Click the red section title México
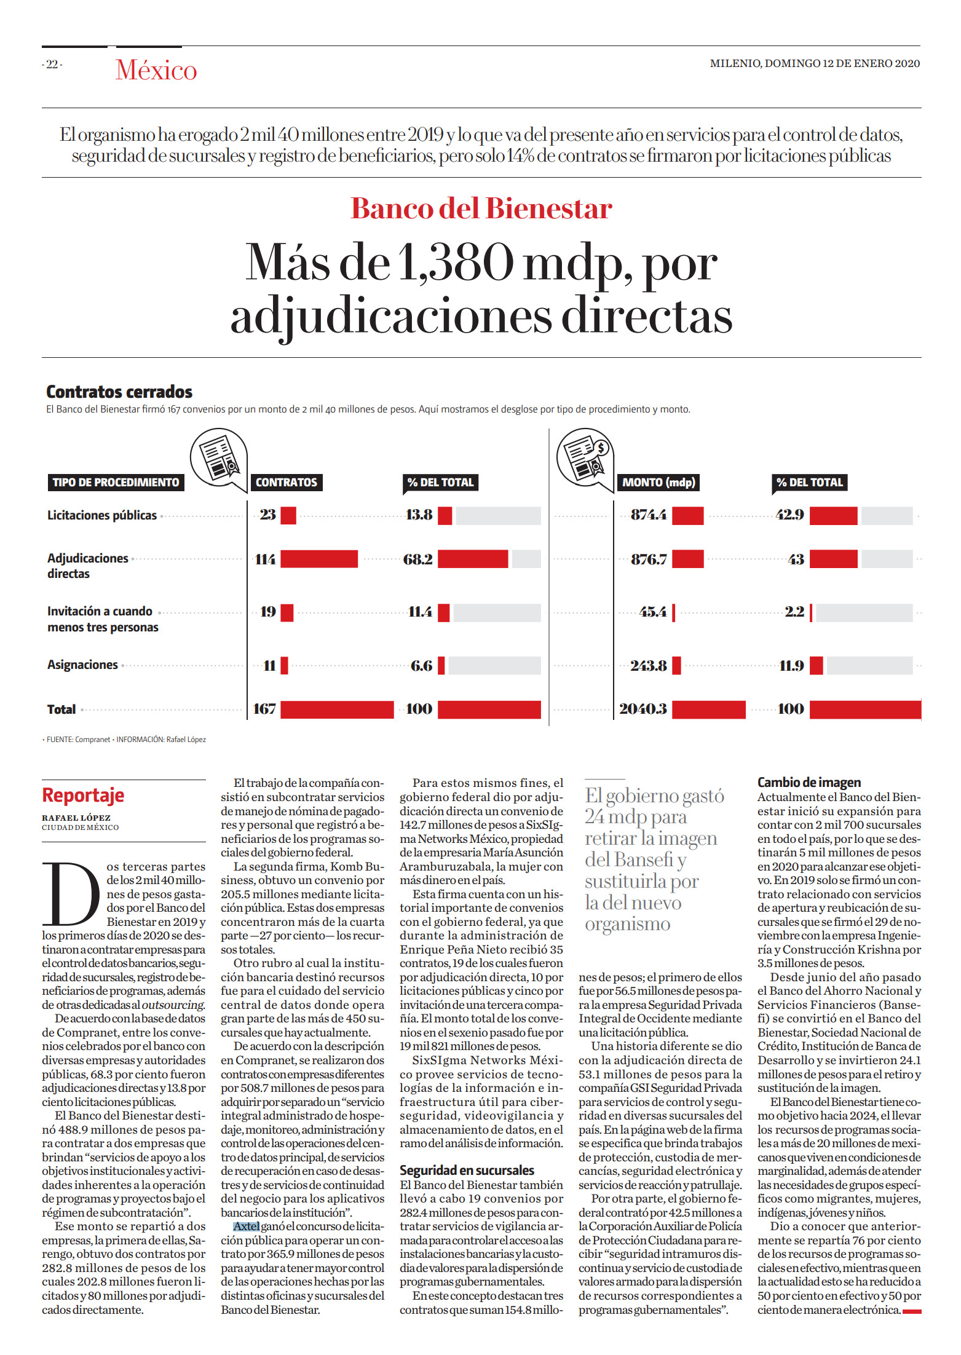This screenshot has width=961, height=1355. [156, 70]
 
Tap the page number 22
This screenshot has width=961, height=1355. [52, 64]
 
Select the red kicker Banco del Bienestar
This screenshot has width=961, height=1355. [481, 208]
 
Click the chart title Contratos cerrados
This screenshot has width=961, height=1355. [119, 392]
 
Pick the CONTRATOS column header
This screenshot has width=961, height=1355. [287, 483]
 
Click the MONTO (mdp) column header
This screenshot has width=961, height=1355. [658, 483]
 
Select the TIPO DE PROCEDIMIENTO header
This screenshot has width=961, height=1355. [116, 483]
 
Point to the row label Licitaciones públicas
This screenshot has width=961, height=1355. [102, 515]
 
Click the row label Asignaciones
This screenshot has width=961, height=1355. [82, 665]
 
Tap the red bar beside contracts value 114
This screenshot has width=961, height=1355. [319, 559]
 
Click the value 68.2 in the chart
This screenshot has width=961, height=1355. [418, 559]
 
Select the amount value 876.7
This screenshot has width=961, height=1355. [649, 559]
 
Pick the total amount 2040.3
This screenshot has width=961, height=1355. [643, 709]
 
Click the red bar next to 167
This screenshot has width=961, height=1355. [337, 709]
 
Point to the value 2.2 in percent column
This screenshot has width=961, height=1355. [794, 612]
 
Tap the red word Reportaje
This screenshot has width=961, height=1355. [83, 795]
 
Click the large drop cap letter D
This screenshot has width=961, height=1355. [71, 893]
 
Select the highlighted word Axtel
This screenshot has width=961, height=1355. [246, 1226]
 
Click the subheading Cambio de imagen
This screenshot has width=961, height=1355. [809, 782]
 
